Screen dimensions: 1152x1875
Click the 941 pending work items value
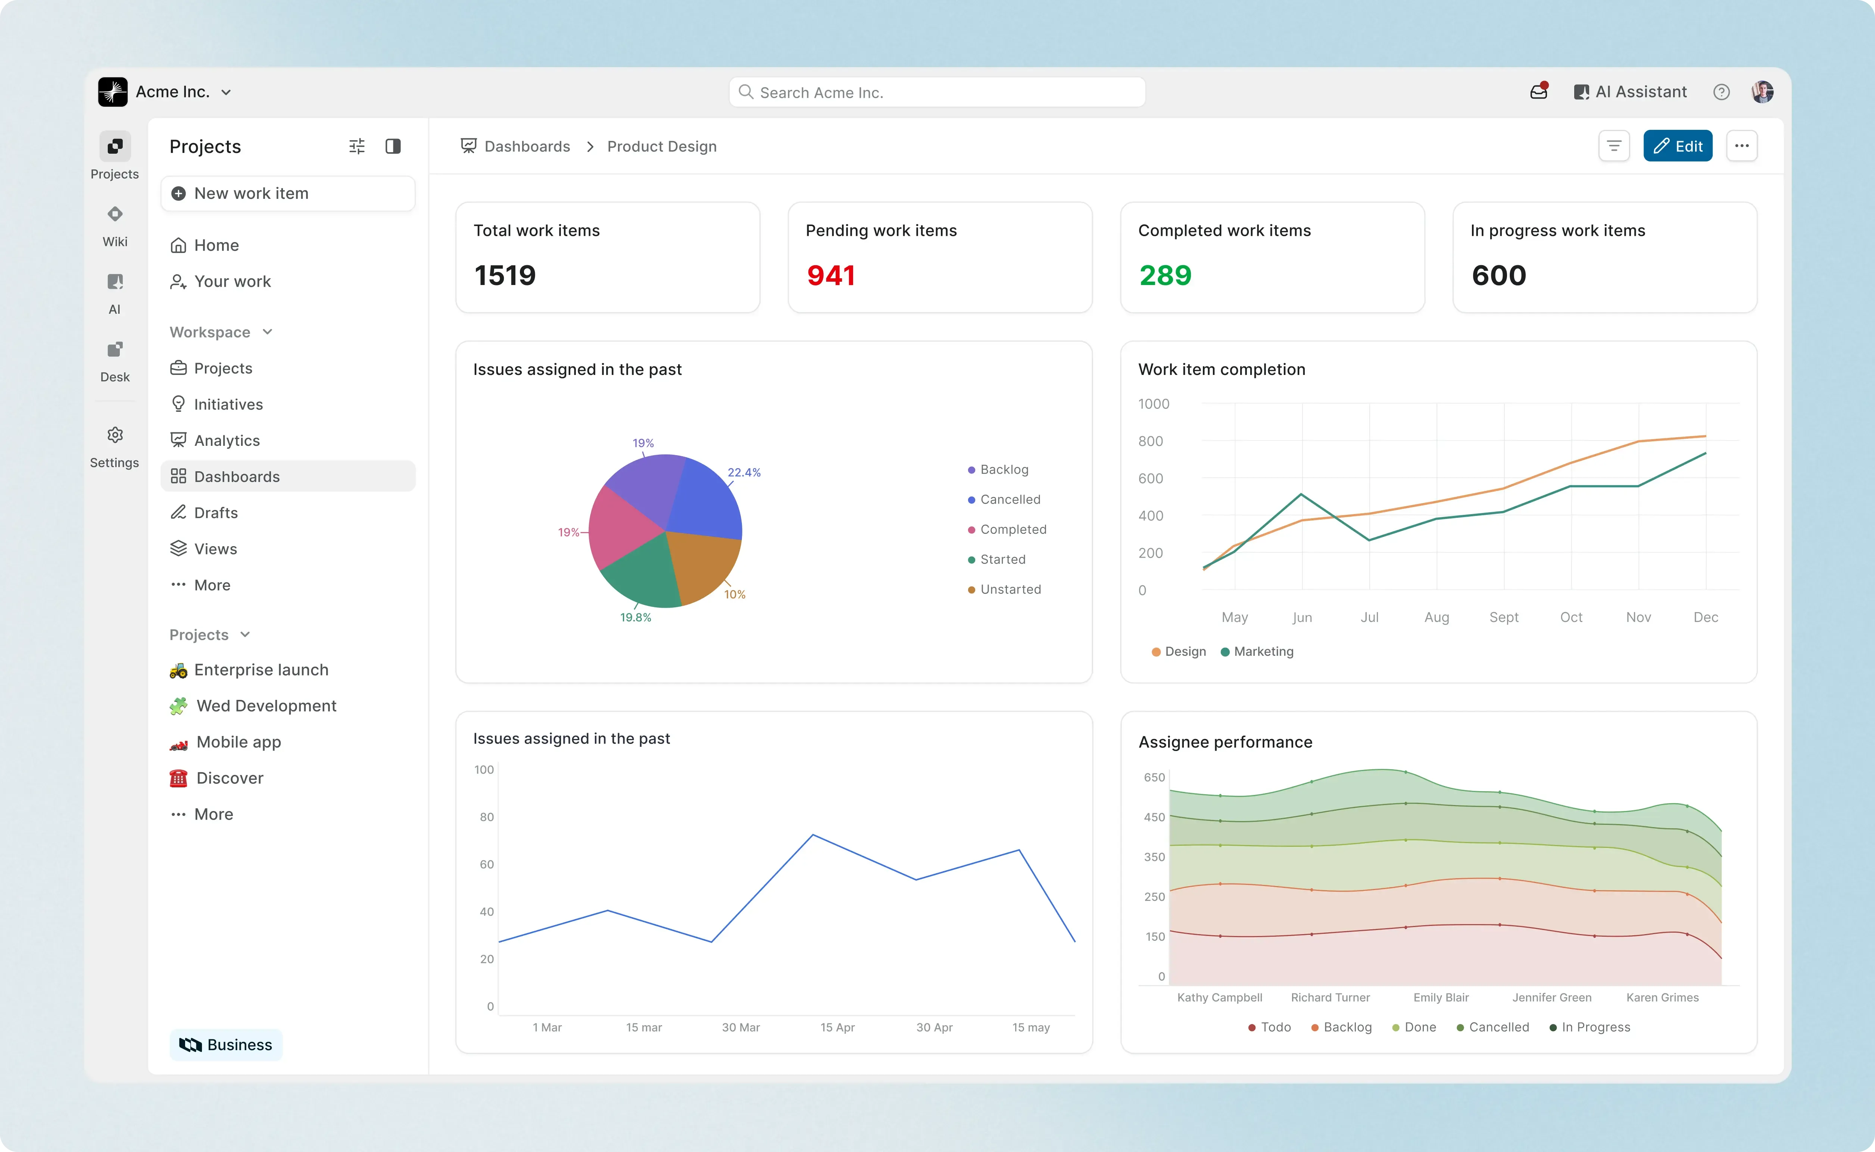click(x=831, y=275)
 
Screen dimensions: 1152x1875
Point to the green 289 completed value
click(x=1165, y=275)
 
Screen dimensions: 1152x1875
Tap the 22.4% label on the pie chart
click(x=744, y=472)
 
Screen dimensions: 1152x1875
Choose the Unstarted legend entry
click(x=1010, y=589)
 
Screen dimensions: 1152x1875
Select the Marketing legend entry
click(x=1263, y=651)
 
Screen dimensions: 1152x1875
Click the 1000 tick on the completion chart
click(x=1153, y=404)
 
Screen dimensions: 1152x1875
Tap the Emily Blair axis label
click(x=1441, y=997)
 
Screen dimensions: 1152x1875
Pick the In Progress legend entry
click(x=1595, y=1027)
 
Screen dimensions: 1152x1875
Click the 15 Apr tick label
click(x=837, y=1027)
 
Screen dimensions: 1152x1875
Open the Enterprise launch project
click(x=260, y=670)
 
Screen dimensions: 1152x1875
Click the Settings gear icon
click(x=115, y=435)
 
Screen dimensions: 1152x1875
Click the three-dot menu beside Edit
click(x=1742, y=146)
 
